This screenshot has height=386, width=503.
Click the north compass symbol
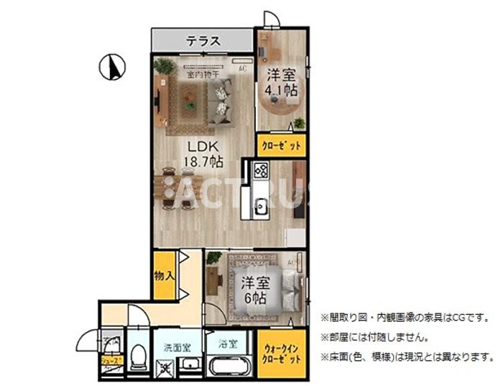coord(112,68)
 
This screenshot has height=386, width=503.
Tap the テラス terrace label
coord(203,41)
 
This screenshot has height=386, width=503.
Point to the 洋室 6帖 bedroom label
coord(254,289)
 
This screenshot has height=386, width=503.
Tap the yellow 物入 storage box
coord(165,274)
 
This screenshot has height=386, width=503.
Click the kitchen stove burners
coord(261,171)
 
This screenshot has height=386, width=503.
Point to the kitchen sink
coord(260,206)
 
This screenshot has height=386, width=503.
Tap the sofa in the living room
coord(221,100)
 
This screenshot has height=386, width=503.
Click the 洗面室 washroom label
coord(177,347)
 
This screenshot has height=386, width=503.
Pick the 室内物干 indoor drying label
coord(203,73)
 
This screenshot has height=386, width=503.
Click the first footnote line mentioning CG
coord(408,316)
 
